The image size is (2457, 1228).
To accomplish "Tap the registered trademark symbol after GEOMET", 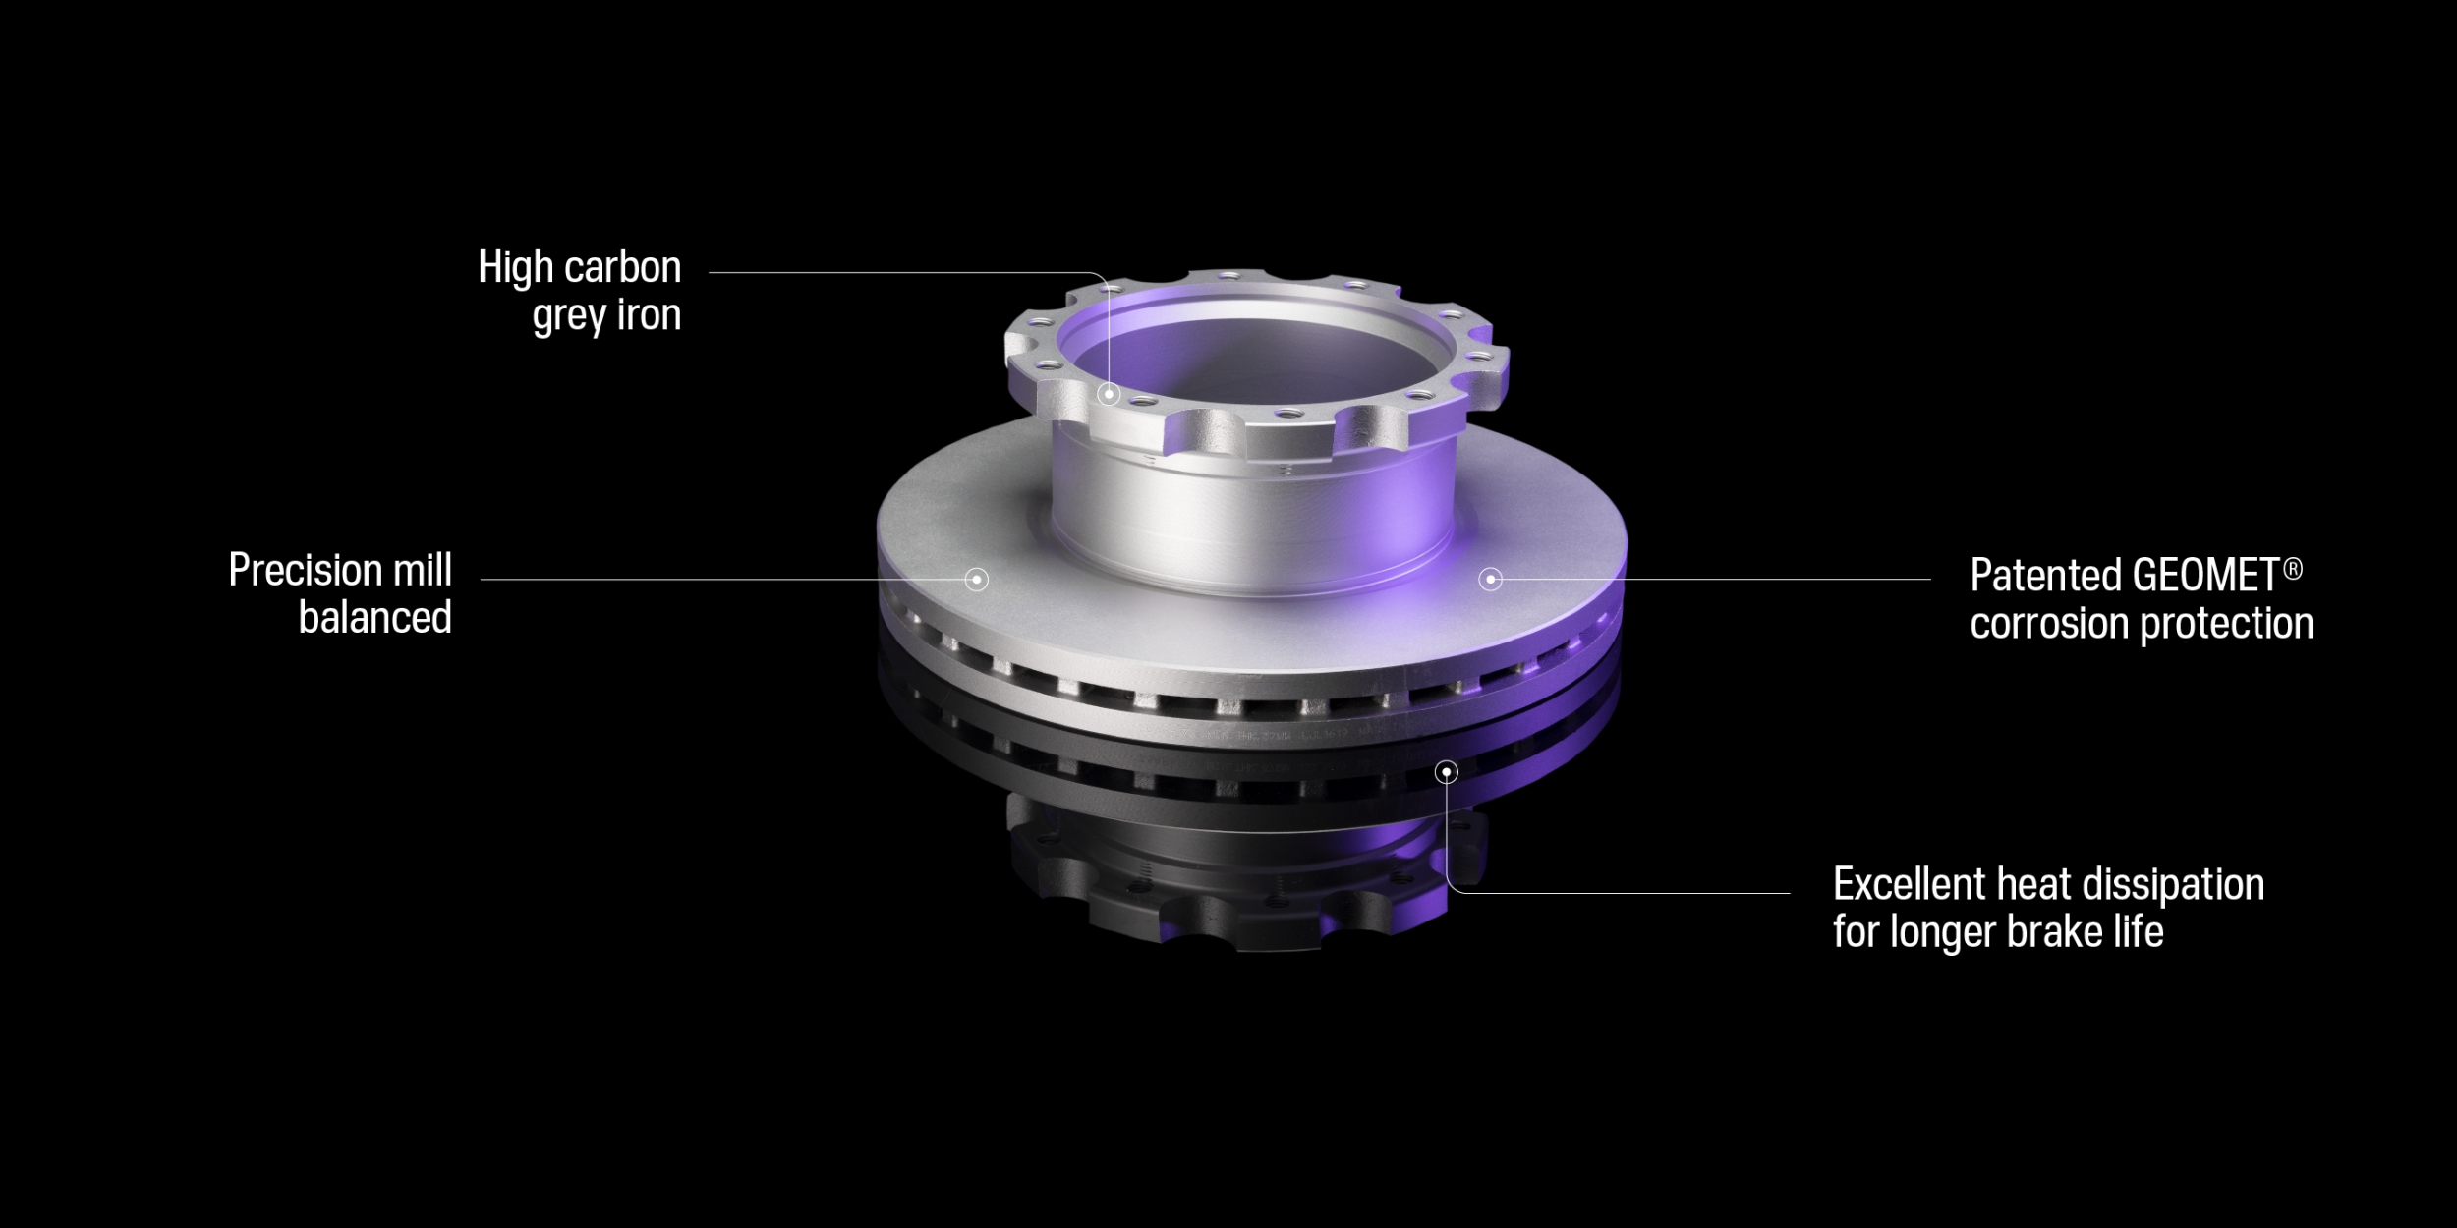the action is pos(2293,569).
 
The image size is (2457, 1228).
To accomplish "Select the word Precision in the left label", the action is pos(306,570).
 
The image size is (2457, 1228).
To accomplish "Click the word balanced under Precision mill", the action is pos(375,618).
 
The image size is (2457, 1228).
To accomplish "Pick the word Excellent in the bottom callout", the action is pos(1911,884).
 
